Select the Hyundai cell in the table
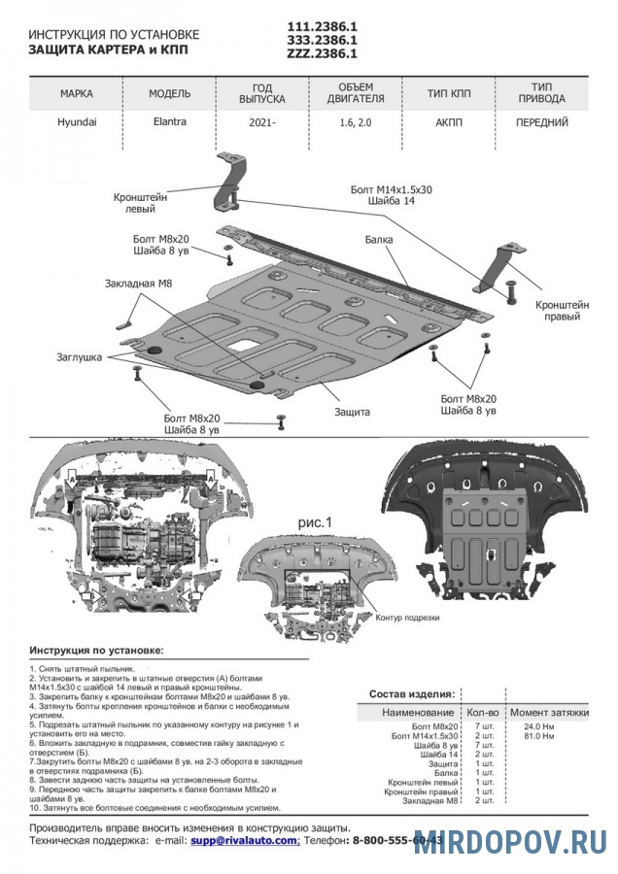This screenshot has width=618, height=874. point(77,122)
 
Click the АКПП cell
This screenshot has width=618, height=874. point(449,122)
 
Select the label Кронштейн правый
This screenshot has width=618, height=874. point(563,310)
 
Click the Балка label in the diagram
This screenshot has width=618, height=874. point(380,238)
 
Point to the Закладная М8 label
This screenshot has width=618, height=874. point(138,284)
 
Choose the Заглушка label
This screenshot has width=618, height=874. point(79,357)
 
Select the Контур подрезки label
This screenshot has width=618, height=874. point(407,618)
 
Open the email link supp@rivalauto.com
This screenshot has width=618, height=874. point(244,840)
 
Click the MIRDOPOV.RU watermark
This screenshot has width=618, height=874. point(510,843)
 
